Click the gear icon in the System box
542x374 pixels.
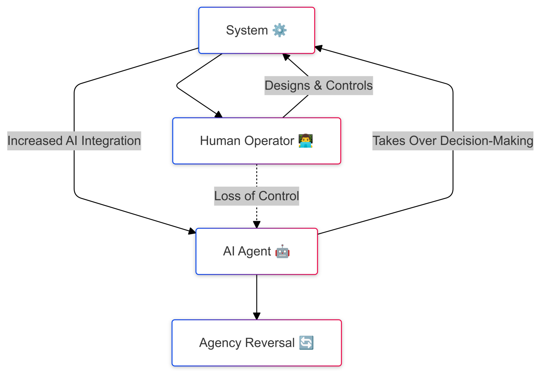pos(279,30)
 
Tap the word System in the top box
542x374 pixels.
pos(247,30)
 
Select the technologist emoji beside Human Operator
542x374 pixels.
pos(305,141)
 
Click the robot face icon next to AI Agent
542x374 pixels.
pos(282,251)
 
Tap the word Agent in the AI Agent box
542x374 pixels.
pos(254,251)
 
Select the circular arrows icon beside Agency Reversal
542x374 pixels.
pos(306,343)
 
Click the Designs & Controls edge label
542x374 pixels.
pos(318,86)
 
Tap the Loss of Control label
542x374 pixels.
pos(256,196)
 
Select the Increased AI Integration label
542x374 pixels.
pos(74,141)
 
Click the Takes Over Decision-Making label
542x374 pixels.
pos(453,141)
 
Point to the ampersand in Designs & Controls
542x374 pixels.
pos(318,86)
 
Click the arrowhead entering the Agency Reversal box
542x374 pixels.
pos(257,316)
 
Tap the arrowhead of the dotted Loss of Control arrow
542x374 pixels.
pos(257,225)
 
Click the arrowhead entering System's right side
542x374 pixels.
pos(318,48)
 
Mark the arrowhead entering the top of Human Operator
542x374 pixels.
pos(219,115)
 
